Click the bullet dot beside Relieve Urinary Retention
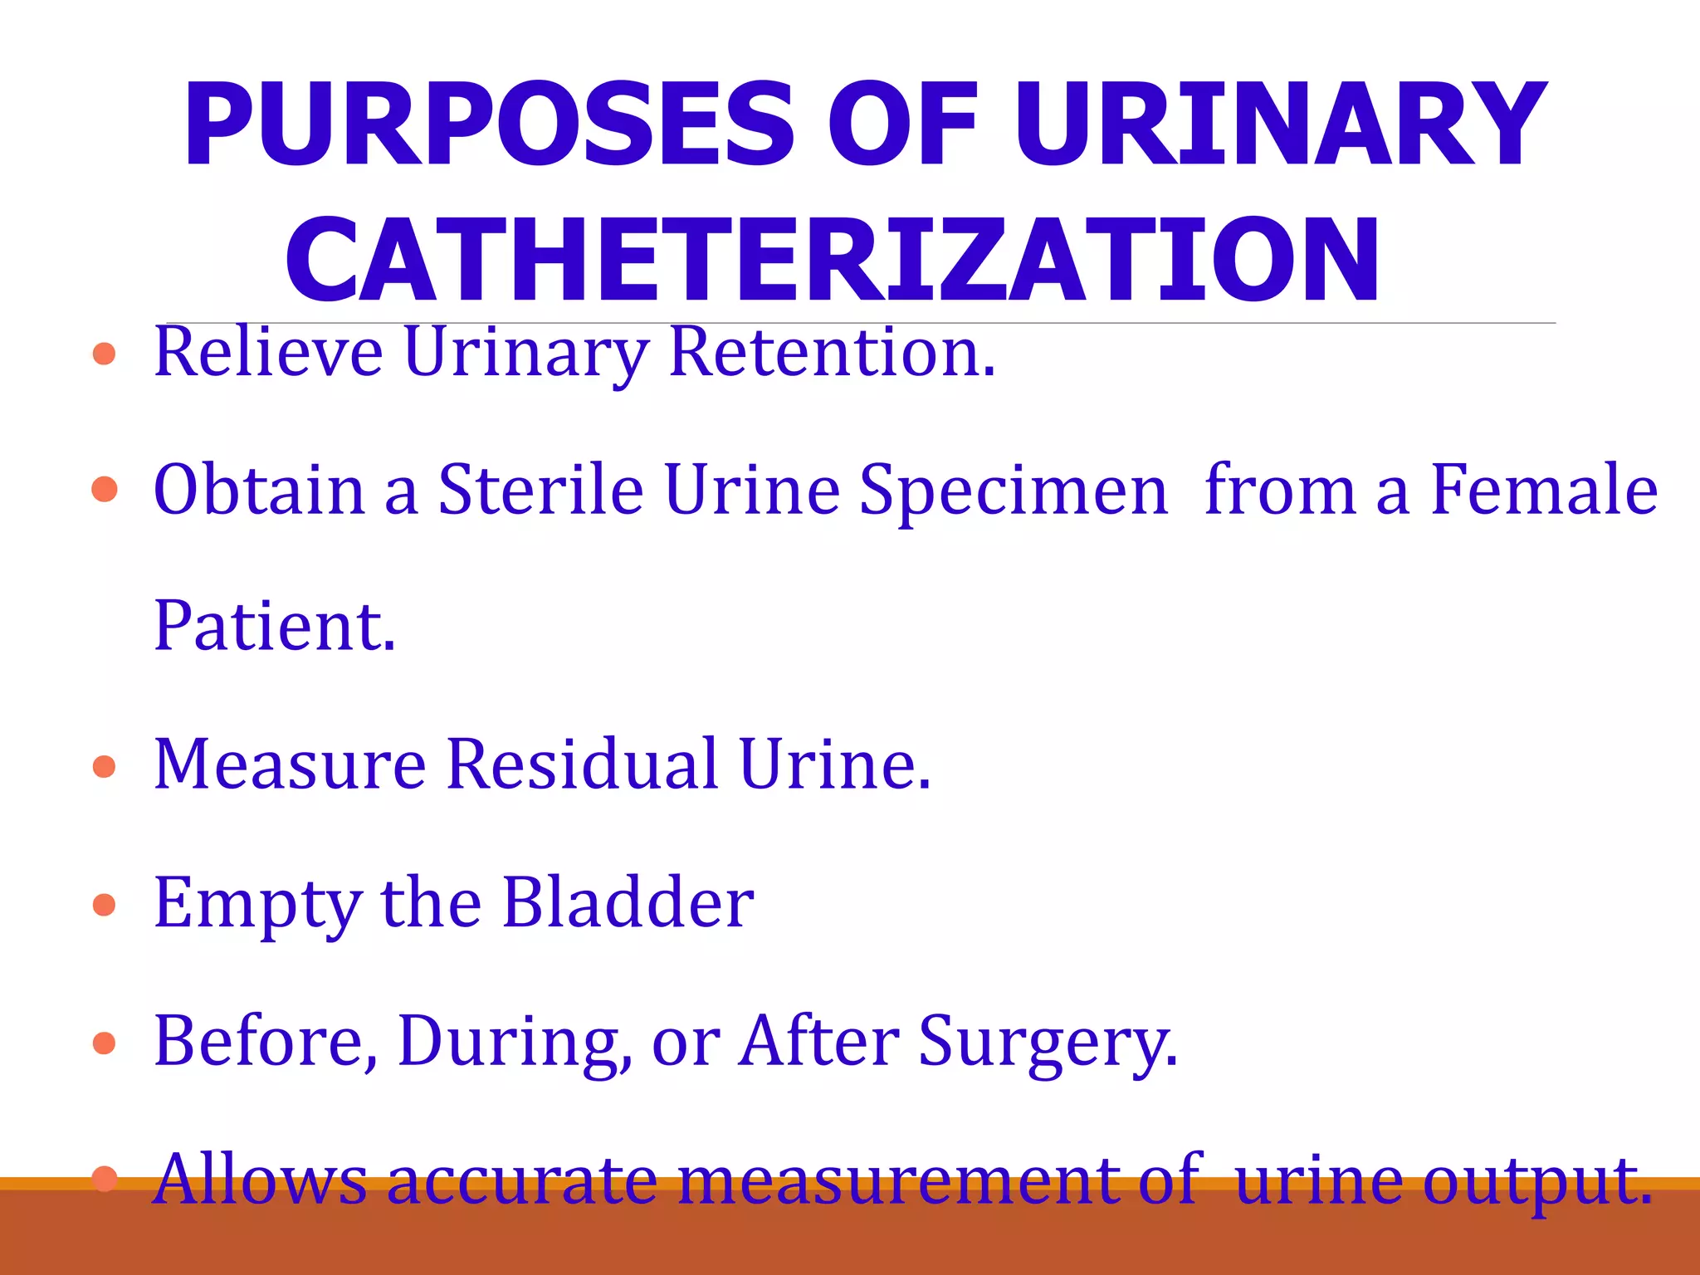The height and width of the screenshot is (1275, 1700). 105,354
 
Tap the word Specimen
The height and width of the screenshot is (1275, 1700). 1013,491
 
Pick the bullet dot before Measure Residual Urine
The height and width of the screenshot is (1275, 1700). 105,766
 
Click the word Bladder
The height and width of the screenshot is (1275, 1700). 628,902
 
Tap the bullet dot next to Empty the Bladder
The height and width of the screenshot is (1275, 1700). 105,904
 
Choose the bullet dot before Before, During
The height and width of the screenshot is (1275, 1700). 105,1043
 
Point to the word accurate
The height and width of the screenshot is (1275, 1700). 523,1180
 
